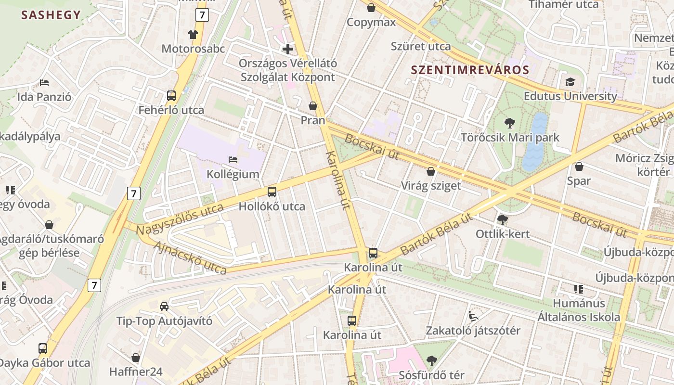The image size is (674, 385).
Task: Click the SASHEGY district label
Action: click(x=51, y=15)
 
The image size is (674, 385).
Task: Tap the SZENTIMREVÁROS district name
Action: click(x=470, y=70)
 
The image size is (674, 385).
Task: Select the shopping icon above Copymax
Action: click(x=371, y=8)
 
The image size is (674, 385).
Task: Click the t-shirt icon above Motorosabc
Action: click(x=193, y=34)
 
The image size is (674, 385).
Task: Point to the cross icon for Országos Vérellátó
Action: click(x=288, y=49)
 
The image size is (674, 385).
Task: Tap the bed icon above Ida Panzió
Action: click(x=44, y=82)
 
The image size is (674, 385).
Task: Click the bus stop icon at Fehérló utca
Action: click(x=171, y=95)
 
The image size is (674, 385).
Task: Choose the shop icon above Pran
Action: click(x=313, y=105)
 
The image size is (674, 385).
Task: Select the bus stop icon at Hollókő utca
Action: click(x=272, y=192)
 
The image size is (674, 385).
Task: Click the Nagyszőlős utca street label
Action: click(x=180, y=219)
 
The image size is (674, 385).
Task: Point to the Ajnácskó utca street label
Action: click(x=190, y=258)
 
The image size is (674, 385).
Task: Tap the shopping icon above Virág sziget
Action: click(x=431, y=171)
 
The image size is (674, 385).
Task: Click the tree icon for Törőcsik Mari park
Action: click(x=509, y=123)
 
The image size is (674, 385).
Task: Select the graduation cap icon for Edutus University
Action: click(x=570, y=82)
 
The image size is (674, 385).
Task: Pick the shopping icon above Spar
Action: click(x=579, y=167)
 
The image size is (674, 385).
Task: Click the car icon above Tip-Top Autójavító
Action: click(x=164, y=306)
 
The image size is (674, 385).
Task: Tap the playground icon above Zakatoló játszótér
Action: click(x=473, y=316)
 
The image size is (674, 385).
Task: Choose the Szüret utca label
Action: click(x=421, y=46)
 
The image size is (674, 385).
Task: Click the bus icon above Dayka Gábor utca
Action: click(x=43, y=348)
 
